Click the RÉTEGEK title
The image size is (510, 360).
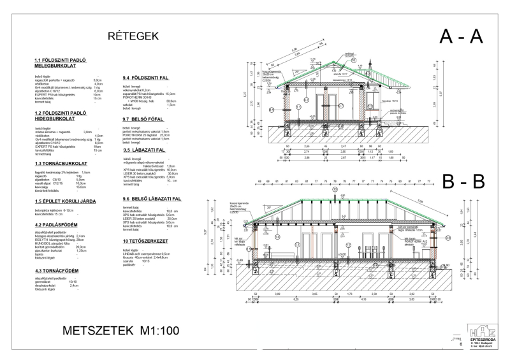135,36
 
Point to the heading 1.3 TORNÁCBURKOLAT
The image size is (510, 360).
61,164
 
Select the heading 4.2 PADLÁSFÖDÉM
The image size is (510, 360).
57,224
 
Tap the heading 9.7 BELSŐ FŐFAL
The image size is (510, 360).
147,119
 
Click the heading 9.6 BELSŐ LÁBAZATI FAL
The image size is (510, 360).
157,199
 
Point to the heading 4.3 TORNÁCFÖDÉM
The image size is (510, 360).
57,271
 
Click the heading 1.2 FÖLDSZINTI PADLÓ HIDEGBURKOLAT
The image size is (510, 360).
61,117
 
